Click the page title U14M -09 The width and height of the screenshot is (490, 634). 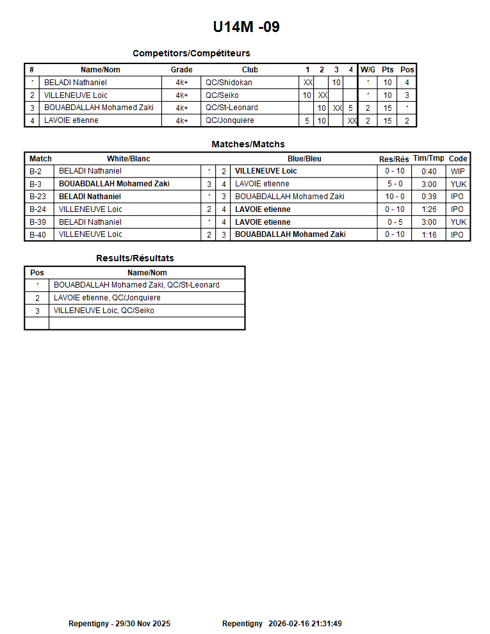coord(246,27)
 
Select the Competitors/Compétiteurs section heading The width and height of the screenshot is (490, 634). coord(191,53)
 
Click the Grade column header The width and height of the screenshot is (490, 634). coord(181,70)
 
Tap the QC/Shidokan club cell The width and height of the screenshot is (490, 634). coord(229,83)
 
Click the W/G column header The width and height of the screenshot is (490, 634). coord(368,70)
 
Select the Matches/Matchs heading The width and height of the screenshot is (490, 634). coord(248,144)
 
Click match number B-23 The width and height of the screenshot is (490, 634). coord(39,197)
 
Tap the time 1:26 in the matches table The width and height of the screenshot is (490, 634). coord(429,209)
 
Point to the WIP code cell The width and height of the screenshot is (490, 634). coord(457,171)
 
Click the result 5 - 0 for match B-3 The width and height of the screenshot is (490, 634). coord(395,184)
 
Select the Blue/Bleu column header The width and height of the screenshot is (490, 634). coord(304,159)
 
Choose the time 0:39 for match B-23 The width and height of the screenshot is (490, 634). coord(429,197)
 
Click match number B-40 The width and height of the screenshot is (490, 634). coord(39,235)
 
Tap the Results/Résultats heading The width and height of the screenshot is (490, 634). coord(135,258)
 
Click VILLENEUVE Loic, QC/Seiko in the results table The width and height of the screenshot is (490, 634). coord(104,311)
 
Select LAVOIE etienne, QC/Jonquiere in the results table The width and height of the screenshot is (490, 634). coord(107,298)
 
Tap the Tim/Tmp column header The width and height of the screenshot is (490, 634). coord(429,158)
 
